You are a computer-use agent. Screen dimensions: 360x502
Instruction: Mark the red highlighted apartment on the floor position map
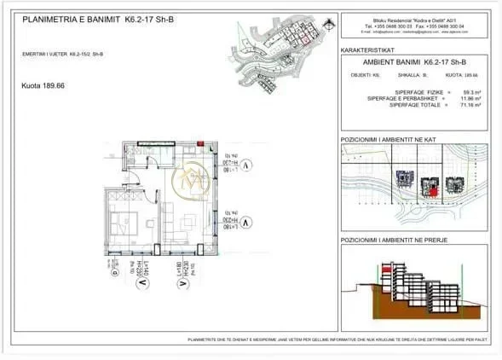431,192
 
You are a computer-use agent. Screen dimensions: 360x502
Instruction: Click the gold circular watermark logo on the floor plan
188,182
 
